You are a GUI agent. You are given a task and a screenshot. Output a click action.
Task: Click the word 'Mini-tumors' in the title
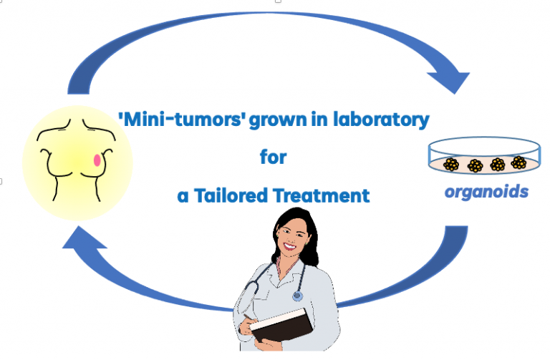(183, 120)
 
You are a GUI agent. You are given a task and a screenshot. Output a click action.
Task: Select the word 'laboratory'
(381, 120)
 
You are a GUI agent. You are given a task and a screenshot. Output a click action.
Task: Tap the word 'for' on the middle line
(274, 157)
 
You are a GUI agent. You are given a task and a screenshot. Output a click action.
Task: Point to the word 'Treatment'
(322, 195)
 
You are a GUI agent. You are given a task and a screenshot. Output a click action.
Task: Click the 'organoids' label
(486, 192)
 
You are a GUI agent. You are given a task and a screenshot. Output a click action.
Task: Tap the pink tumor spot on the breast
(97, 160)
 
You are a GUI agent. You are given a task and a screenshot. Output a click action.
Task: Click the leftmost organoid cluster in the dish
(451, 165)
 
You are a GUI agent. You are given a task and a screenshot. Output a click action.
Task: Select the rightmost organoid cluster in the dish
(518, 162)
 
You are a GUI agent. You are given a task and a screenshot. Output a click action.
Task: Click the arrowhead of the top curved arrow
(451, 82)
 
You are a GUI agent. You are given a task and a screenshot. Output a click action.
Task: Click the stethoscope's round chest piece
(297, 296)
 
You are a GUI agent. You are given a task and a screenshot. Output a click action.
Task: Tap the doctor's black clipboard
(282, 325)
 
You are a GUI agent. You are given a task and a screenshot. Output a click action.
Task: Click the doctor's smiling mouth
(291, 245)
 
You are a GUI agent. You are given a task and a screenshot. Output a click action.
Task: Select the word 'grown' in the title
(278, 121)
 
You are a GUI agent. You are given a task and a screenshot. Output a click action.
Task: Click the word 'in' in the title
(319, 120)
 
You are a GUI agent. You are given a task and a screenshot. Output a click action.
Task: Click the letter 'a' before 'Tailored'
(183, 197)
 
